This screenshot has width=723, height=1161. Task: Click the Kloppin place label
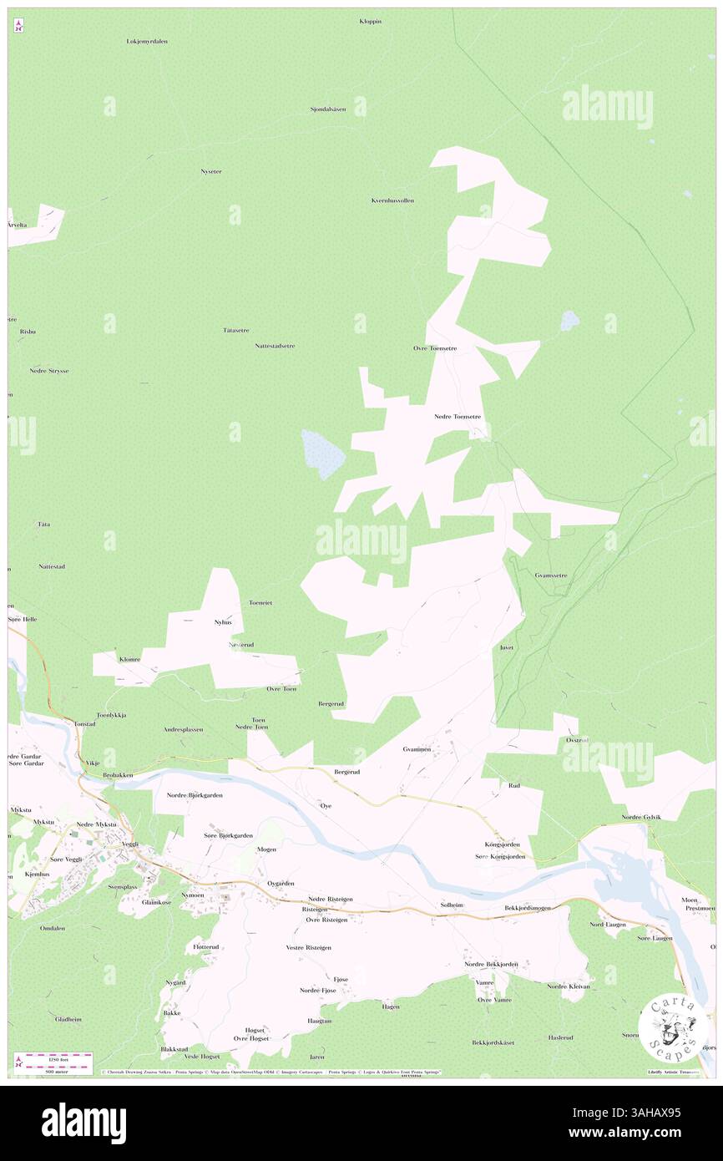[370, 21]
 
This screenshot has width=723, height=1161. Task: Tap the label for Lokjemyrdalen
[147, 41]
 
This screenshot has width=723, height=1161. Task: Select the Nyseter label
[211, 171]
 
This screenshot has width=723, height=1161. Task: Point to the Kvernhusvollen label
[392, 200]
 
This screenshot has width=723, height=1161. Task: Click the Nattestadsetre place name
[275, 345]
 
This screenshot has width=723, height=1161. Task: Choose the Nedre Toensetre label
[458, 416]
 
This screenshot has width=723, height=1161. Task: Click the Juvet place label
[506, 647]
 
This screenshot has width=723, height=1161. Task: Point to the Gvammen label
[416, 749]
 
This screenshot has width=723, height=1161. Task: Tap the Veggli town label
[129, 844]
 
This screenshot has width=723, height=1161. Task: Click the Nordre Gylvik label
[641, 817]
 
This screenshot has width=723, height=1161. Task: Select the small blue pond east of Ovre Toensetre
[569, 320]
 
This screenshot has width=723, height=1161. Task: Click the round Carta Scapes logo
[673, 1028]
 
